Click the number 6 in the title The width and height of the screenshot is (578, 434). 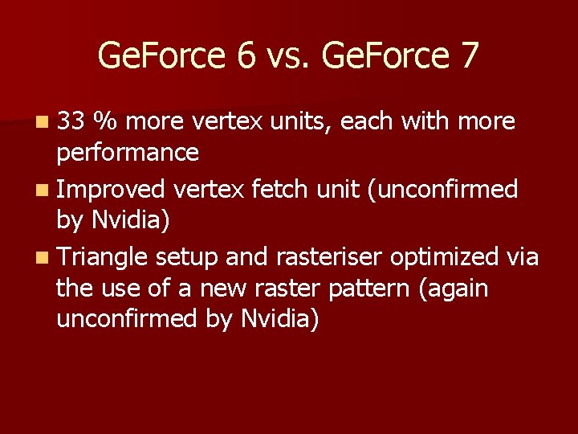coord(248,55)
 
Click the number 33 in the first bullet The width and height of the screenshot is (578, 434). coord(71,121)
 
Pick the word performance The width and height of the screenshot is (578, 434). coord(128,153)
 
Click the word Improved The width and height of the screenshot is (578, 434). coord(111,189)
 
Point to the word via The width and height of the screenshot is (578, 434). coord(522,257)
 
